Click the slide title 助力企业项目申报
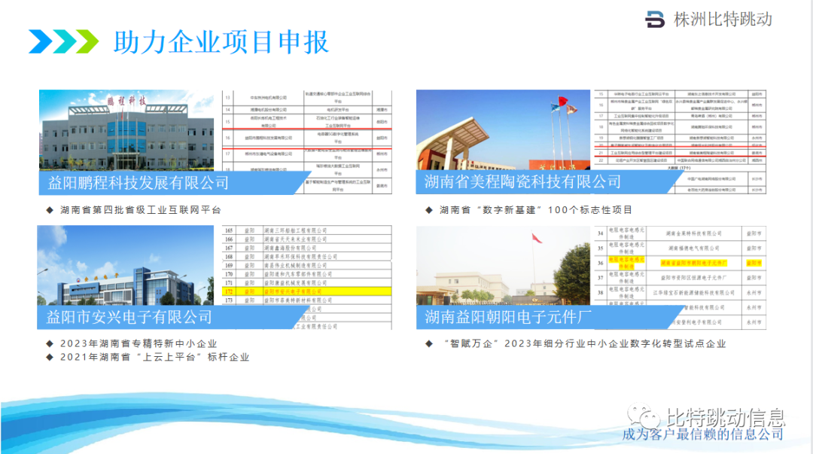(x=221, y=41)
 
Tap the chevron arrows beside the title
(x=63, y=41)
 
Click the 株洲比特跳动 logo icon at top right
(x=656, y=20)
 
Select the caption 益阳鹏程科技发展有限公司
(x=139, y=183)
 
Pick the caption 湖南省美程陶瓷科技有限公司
(x=522, y=181)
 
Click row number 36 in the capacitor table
(x=601, y=263)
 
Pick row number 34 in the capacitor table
(x=601, y=234)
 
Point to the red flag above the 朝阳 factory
(x=536, y=238)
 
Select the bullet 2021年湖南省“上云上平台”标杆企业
(x=154, y=357)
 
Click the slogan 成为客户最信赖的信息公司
(x=702, y=434)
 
